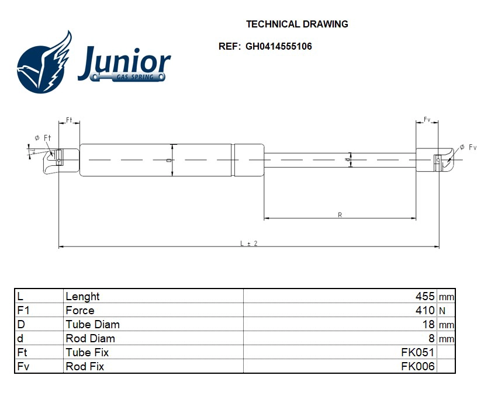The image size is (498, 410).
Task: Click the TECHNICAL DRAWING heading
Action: coord(297,24)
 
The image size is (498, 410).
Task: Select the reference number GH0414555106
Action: coord(278,46)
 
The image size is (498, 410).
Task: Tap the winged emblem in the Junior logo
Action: coord(44,63)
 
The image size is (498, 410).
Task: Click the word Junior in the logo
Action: coord(124,62)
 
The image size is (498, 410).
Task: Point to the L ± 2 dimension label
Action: coord(249,243)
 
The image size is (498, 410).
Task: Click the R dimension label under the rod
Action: coord(340,215)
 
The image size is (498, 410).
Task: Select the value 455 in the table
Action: coord(424,297)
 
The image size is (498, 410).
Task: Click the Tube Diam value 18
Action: coord(428,325)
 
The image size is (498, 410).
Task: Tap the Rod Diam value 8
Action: coord(431,339)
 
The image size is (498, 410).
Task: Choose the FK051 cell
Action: coord(417,353)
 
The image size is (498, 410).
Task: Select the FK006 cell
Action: coord(417,367)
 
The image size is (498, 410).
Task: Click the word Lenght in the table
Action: coord(82,297)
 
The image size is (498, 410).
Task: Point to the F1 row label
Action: coord(24,311)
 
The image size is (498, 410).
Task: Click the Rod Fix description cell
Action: coord(85,367)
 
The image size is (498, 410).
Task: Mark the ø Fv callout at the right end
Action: coord(468,147)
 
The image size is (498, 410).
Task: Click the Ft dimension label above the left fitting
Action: coord(69,120)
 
